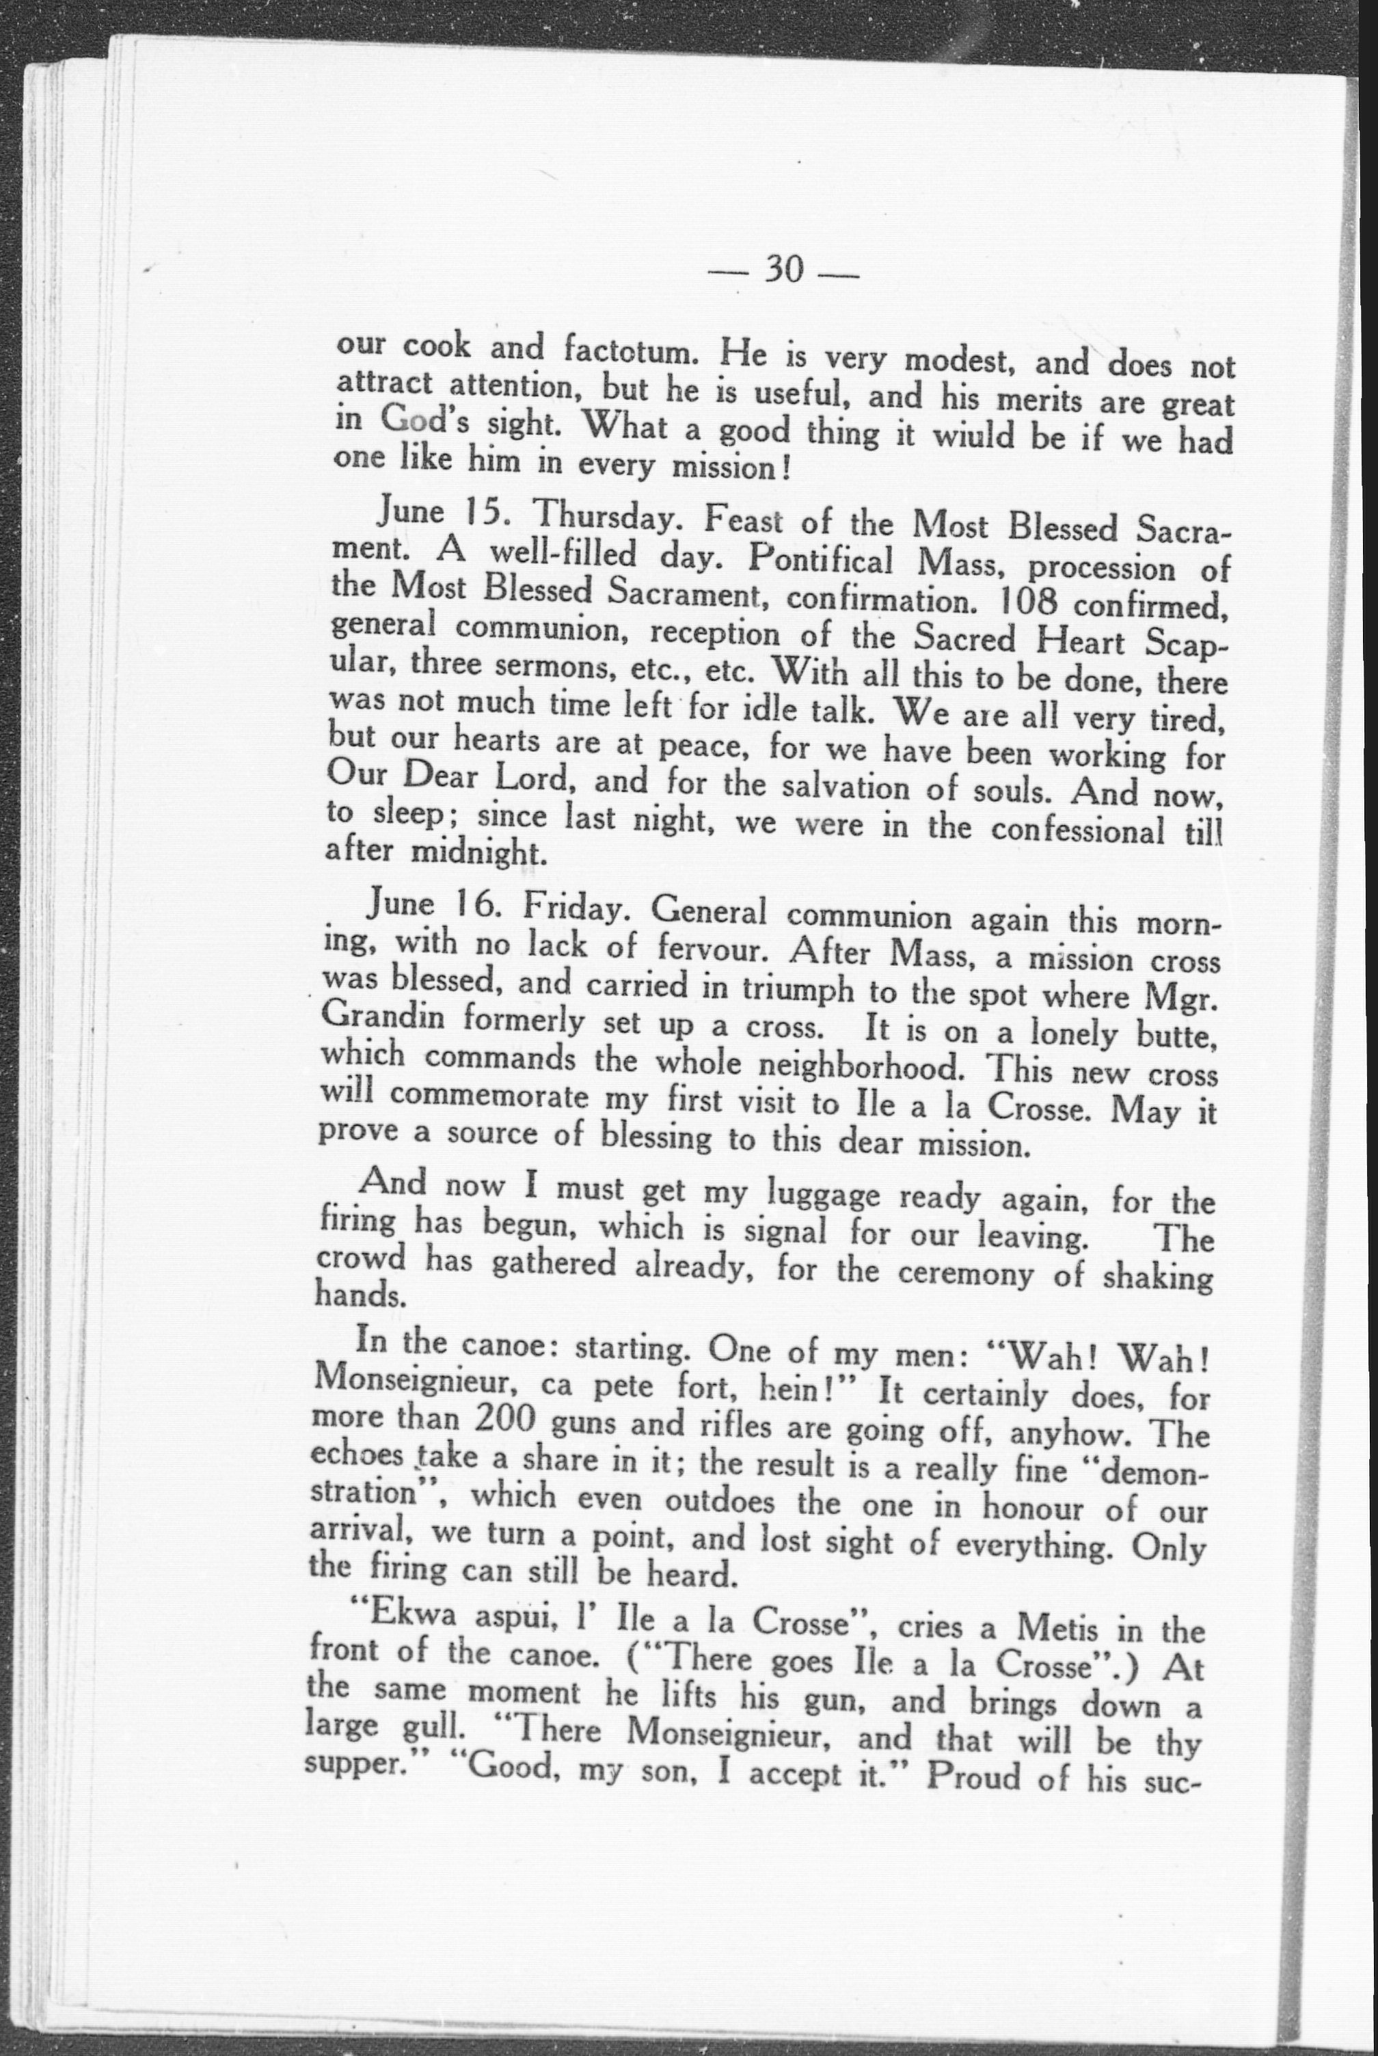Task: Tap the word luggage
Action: [x=822, y=1195]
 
